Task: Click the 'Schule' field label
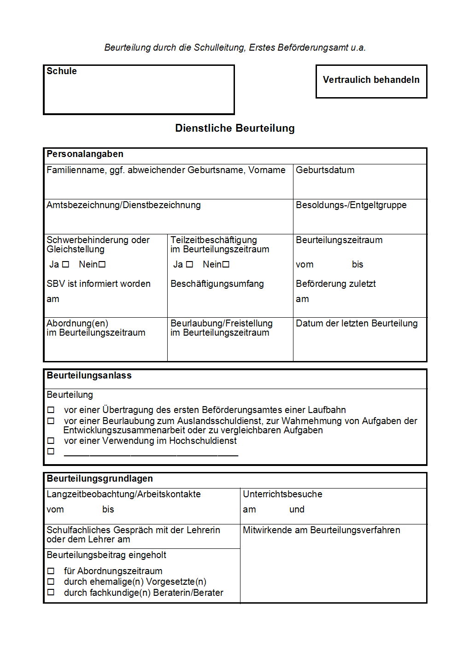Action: (x=62, y=71)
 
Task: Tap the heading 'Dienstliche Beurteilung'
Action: (x=234, y=128)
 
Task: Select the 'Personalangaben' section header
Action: (x=85, y=154)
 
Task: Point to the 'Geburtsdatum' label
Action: (x=325, y=170)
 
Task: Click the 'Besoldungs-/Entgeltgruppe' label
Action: (x=351, y=205)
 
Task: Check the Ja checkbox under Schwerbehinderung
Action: (x=66, y=264)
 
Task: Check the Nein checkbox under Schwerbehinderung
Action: (x=102, y=264)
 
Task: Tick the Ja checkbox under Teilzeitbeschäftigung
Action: (x=189, y=264)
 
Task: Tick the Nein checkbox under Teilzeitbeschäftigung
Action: (x=226, y=264)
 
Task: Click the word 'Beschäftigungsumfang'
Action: (x=217, y=284)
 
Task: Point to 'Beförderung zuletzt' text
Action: (x=335, y=284)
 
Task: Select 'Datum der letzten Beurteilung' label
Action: (x=357, y=324)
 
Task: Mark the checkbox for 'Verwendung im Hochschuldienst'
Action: (x=51, y=441)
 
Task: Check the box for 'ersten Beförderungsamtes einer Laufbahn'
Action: (x=51, y=410)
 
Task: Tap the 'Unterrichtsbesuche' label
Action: (x=282, y=495)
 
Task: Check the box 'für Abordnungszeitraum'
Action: (x=51, y=571)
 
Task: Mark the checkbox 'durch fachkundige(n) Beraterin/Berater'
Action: (x=51, y=593)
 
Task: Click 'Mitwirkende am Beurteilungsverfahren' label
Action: (x=321, y=530)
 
